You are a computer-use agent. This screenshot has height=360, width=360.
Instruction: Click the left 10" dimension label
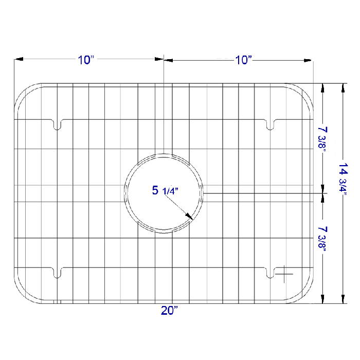coord(86,60)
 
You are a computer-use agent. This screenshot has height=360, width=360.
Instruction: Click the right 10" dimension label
coord(244,60)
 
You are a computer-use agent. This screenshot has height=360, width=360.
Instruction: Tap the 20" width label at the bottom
coord(169,311)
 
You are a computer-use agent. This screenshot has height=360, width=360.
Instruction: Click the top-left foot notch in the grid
coord(57,124)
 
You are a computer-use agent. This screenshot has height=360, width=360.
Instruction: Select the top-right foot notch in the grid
coord(270,124)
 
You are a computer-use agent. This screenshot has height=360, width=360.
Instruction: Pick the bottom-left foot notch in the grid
coord(57,272)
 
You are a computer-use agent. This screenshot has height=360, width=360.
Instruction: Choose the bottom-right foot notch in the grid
coord(270,272)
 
